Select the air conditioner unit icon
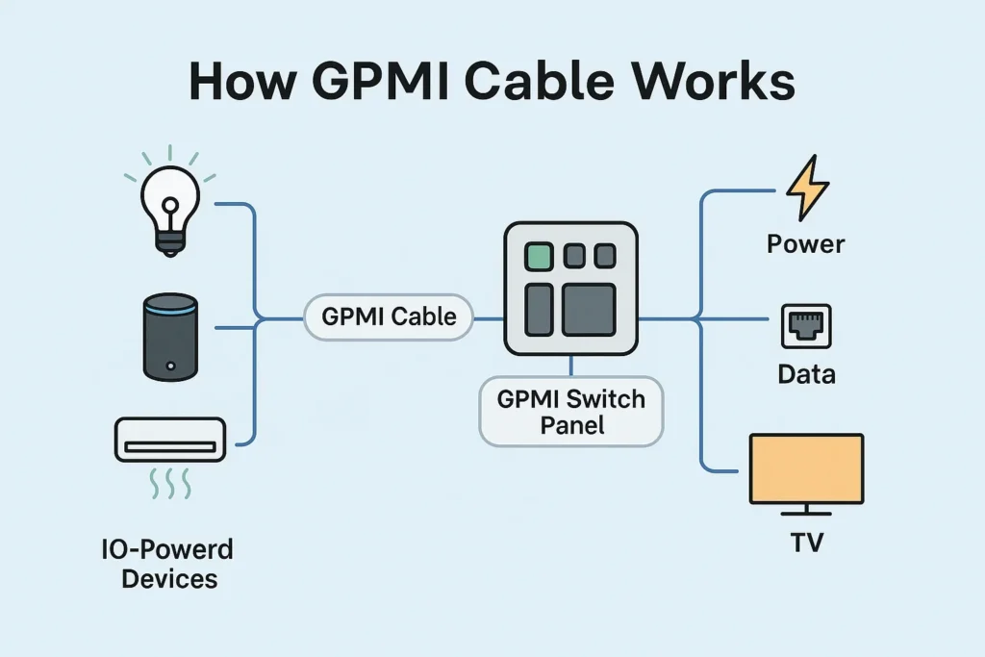coord(169,440)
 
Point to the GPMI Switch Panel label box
coord(571,411)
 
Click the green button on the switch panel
coord(538,256)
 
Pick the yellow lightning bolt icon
coord(806,190)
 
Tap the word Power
coord(806,243)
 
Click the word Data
coord(806,374)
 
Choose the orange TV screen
coord(806,468)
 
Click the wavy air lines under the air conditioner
coord(169,484)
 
